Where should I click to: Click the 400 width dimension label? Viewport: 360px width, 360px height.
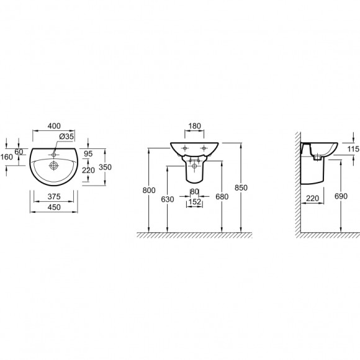[53, 126]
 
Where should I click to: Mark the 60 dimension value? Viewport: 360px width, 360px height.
[18, 151]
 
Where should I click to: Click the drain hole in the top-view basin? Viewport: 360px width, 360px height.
[55, 165]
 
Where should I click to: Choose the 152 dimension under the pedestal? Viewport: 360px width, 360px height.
[194, 202]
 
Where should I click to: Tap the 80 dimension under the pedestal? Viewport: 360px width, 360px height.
[194, 191]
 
